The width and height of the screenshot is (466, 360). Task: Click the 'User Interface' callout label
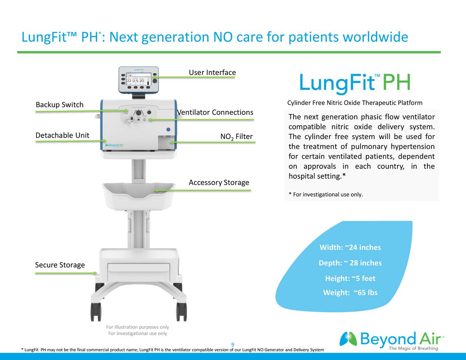tap(212, 72)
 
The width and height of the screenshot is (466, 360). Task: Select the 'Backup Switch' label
tap(59, 105)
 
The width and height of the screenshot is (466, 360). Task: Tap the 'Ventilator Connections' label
tap(215, 112)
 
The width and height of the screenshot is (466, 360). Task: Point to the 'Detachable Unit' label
tap(62, 135)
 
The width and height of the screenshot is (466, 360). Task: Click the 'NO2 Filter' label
tap(236, 137)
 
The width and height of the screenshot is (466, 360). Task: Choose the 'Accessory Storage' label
tap(219, 182)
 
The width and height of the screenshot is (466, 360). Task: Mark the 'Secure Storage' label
tap(60, 265)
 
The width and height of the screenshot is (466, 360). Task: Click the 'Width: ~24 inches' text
tap(350, 248)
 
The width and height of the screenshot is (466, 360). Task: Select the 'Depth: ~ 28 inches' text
tap(350, 263)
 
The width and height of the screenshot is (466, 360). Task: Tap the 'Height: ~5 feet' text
tap(350, 278)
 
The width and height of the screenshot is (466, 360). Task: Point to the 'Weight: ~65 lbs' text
tap(350, 293)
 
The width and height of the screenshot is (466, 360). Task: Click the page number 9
tap(233, 345)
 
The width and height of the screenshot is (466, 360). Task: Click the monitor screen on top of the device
tap(138, 79)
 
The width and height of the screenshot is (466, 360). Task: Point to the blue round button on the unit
tap(168, 130)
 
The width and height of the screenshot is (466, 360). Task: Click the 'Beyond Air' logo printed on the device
tap(114, 145)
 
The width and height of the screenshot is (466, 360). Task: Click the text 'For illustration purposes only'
tap(137, 327)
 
